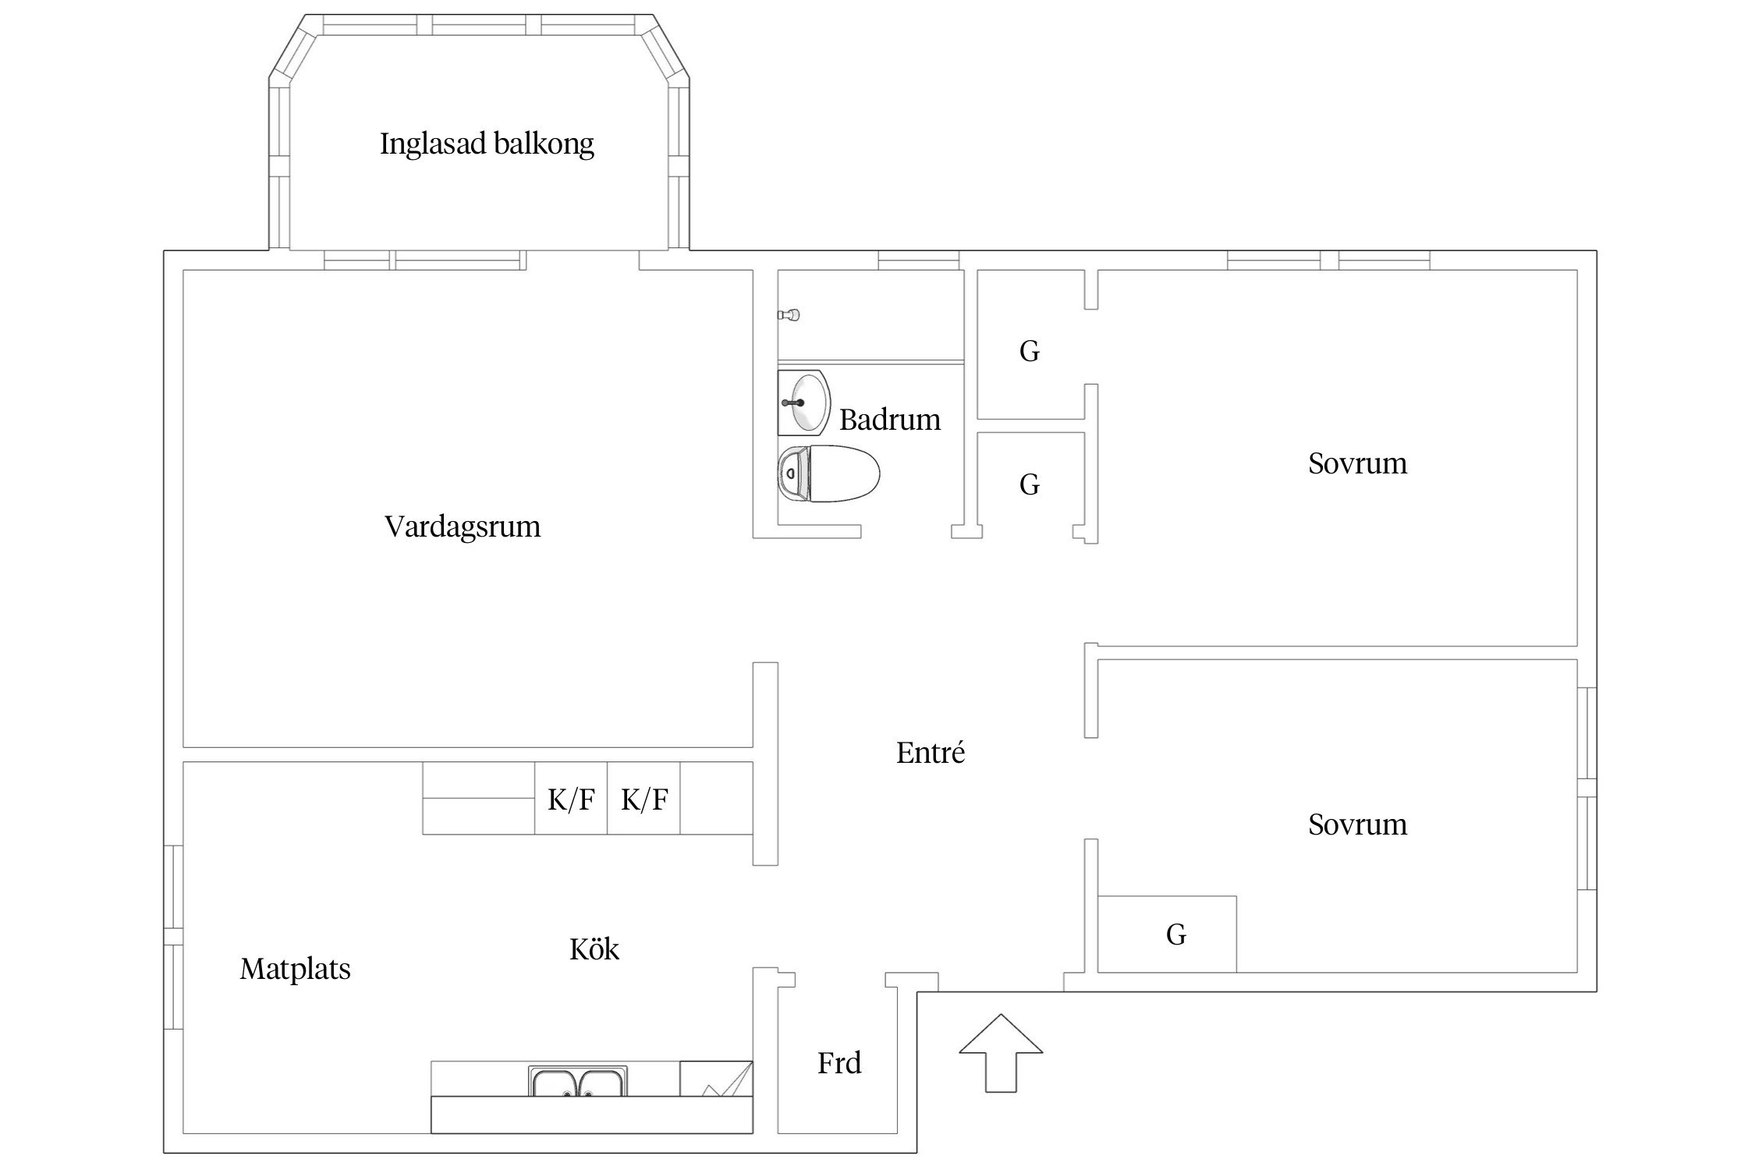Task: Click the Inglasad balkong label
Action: tap(487, 144)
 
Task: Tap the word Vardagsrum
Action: tap(463, 526)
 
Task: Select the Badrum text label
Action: tap(890, 420)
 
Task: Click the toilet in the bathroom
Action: tap(828, 473)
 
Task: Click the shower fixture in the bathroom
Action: tap(789, 315)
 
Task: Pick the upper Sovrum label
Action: tap(1357, 464)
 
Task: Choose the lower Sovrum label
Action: tap(1357, 824)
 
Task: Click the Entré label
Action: tap(930, 753)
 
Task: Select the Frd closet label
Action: tap(839, 1063)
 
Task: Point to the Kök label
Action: tap(594, 949)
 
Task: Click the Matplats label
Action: tap(295, 970)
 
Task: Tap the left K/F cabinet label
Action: tap(571, 799)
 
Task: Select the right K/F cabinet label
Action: tap(644, 799)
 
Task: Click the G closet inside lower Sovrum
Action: tap(1175, 934)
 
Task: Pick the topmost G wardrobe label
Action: tap(1030, 352)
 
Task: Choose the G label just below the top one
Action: tap(1030, 485)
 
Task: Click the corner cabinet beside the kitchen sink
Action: tap(715, 1079)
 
